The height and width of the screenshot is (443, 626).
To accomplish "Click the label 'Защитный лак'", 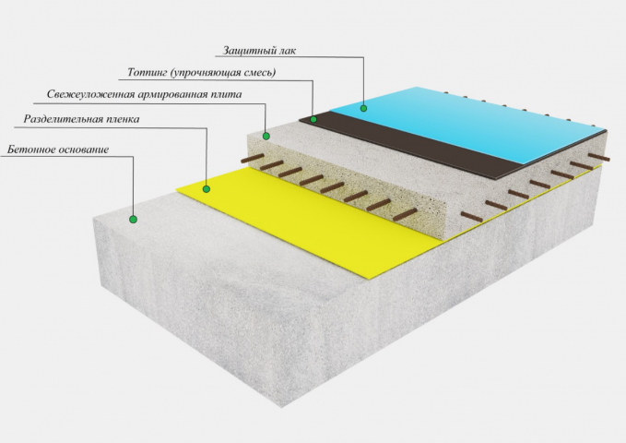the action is click(259, 51).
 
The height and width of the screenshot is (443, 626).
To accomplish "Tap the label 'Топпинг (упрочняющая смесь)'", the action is click(202, 72).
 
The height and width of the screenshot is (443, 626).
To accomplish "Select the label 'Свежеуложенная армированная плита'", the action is click(144, 94).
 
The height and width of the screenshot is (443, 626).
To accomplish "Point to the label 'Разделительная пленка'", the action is click(81, 119).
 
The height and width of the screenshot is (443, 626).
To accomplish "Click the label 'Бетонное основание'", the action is click(58, 150).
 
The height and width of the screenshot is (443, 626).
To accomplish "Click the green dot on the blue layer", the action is click(363, 108).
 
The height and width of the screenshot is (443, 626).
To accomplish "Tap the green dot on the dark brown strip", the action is click(313, 119).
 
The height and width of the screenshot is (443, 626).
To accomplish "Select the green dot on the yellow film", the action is click(207, 188).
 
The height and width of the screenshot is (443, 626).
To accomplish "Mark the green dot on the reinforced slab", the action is click(266, 137).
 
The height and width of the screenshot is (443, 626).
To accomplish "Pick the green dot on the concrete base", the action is click(133, 219).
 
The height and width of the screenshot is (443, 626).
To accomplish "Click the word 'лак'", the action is click(286, 51).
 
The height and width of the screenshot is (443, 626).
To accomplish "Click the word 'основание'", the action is click(84, 150).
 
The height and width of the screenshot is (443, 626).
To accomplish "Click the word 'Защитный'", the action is click(248, 51).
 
